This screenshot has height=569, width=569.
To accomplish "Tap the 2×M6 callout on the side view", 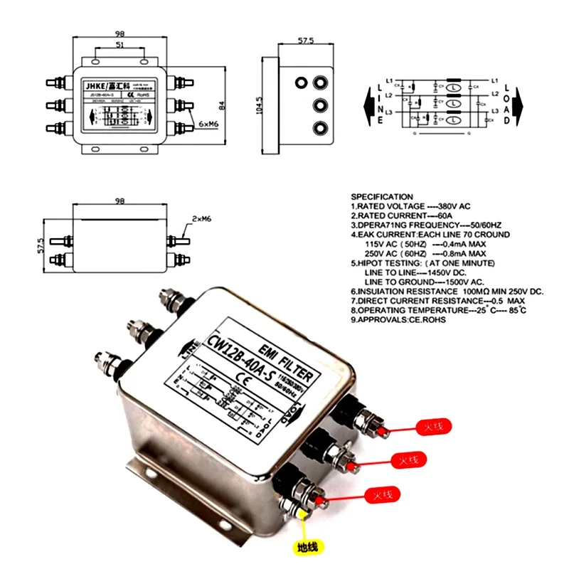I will (x=201, y=219).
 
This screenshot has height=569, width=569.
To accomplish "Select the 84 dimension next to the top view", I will (x=221, y=105).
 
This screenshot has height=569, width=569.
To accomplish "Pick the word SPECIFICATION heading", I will (x=382, y=197).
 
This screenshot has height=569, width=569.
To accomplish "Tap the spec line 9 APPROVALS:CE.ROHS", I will (x=403, y=320).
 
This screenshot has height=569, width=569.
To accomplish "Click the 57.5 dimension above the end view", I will (x=305, y=41).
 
